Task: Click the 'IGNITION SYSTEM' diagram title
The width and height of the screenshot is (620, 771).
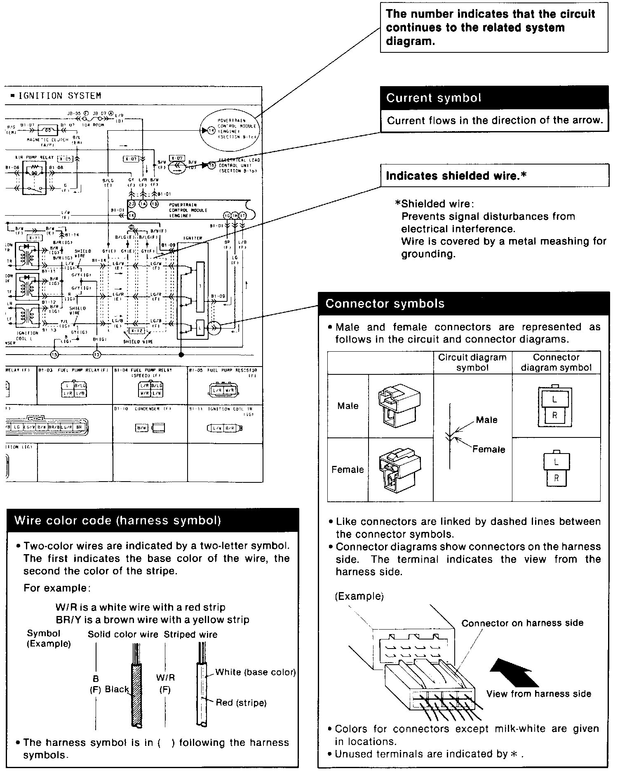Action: point(60,96)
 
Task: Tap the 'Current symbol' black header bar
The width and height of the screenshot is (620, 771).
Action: point(494,98)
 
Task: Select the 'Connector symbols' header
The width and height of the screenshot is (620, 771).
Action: point(464,304)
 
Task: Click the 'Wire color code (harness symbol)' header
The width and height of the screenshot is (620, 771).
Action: point(153,520)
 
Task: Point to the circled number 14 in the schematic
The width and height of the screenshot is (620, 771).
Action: point(211,130)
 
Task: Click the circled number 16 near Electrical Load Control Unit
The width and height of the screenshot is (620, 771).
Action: point(212,165)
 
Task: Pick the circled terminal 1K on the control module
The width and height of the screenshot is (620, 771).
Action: point(132,215)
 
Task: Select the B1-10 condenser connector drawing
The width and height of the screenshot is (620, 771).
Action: point(150,428)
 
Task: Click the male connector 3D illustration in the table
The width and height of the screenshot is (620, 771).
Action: point(399,406)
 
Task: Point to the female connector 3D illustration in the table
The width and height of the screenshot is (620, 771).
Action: point(400,469)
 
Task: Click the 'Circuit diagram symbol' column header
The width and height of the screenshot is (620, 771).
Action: point(472,362)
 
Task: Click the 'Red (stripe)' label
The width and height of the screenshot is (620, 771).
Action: point(241,703)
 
